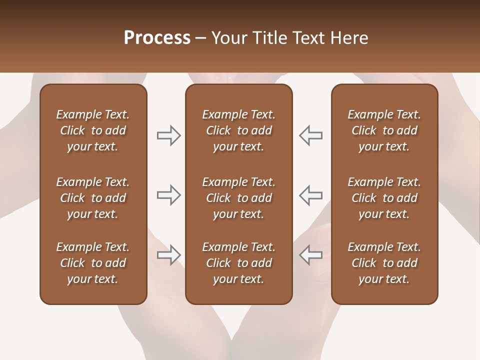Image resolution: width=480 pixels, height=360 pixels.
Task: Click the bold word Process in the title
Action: coord(157,38)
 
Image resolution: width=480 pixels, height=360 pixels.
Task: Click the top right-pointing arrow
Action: coord(168,135)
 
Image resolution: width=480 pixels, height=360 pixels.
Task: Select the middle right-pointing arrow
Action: coord(168,195)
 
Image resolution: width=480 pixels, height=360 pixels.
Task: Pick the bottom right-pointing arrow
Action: coord(168,255)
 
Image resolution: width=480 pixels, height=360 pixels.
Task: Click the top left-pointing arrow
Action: coord(311,135)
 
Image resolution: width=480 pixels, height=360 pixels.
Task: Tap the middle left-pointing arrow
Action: coord(311,195)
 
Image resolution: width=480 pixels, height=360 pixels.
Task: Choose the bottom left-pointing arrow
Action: coord(311,255)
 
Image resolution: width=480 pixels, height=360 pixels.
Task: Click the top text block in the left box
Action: coord(93,130)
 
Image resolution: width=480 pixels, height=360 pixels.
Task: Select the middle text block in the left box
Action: coord(93,198)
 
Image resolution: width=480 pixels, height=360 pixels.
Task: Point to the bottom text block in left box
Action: coord(93,263)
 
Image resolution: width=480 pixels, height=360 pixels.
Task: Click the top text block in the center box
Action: coord(238,130)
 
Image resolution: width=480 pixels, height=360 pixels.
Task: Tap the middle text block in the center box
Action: coord(238,198)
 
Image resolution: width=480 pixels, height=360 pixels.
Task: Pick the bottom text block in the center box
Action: coord(238,263)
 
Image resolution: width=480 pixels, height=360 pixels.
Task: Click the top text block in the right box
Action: coord(384,130)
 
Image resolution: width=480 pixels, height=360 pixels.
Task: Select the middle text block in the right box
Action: coord(384,198)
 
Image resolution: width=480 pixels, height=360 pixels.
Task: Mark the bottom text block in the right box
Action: coord(384,263)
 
